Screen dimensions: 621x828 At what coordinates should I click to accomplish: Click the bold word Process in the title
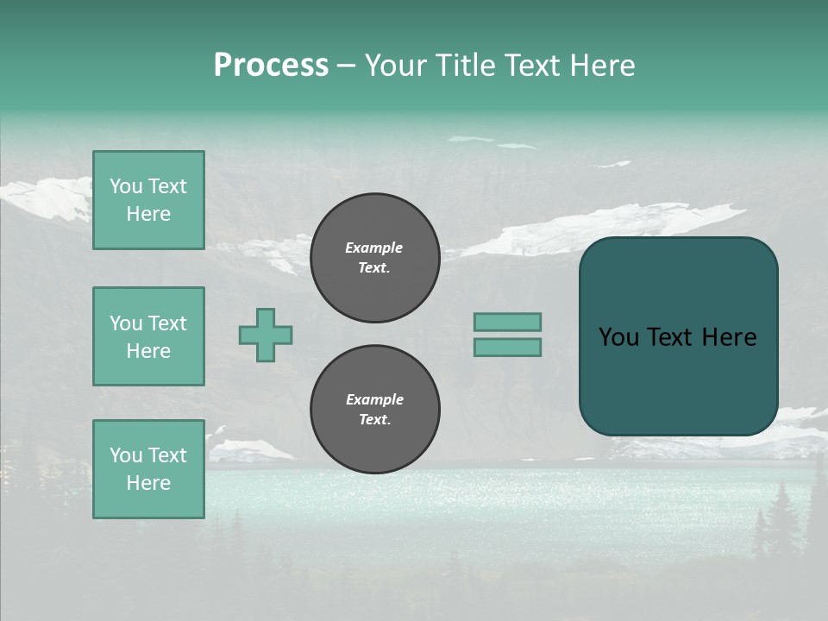click(271, 66)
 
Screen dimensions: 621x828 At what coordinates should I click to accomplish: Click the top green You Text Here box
click(148, 200)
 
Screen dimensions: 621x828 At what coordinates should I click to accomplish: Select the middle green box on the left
click(148, 336)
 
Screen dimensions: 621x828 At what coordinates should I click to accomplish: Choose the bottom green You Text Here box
click(148, 469)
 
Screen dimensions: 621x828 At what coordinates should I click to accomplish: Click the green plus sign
click(266, 335)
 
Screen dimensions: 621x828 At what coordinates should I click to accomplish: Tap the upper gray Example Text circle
click(375, 257)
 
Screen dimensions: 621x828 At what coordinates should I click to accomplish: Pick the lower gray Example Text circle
click(375, 409)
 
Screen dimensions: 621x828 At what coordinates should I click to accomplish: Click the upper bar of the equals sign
click(507, 322)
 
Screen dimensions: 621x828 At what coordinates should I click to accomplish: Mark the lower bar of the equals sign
click(507, 347)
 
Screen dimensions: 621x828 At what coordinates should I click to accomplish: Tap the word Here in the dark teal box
click(729, 337)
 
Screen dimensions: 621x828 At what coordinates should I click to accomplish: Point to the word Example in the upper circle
click(374, 248)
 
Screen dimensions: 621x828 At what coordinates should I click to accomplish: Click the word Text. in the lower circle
click(374, 420)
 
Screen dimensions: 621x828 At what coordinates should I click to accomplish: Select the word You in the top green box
click(125, 186)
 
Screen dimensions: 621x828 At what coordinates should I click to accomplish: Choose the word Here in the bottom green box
click(148, 483)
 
